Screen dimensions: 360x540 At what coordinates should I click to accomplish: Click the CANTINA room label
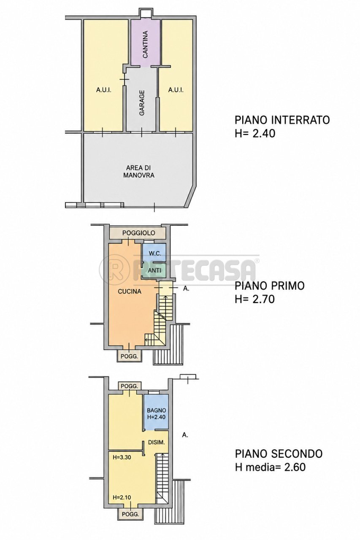click(145, 44)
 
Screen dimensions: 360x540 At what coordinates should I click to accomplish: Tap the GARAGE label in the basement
click(142, 103)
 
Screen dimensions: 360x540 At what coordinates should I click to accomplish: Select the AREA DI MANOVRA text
click(139, 171)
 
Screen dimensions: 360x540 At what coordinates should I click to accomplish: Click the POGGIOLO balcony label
click(139, 233)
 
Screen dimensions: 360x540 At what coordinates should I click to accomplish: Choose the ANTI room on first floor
click(154, 270)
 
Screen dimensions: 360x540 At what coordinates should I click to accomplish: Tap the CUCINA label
click(130, 292)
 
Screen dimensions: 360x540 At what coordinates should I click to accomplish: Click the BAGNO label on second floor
click(157, 410)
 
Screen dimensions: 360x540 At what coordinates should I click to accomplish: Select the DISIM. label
click(157, 443)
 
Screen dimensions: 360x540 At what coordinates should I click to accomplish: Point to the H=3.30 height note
click(122, 457)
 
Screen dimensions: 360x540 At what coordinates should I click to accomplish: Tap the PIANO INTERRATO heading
click(282, 120)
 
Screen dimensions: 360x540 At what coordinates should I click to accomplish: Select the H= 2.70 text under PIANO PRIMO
click(255, 300)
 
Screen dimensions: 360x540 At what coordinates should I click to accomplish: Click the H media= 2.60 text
click(270, 467)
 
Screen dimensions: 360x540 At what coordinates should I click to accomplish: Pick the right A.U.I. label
click(176, 90)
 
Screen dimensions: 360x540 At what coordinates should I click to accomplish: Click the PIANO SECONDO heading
click(279, 454)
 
